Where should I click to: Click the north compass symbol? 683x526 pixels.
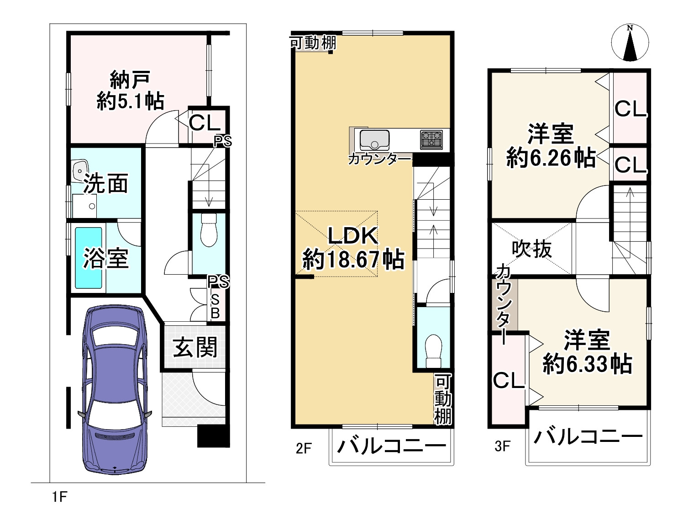coord(630,42)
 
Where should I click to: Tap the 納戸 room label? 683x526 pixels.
coord(130,81)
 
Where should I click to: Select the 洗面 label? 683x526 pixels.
coord(105,184)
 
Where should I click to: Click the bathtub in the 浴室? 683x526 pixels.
coord(88,258)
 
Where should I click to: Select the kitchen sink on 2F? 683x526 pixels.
coord(374,139)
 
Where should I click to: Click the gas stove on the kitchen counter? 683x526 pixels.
coord(431,138)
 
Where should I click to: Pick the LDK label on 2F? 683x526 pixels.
coord(353,235)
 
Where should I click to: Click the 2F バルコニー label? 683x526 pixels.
coord(391,446)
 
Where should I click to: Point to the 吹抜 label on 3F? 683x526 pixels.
coord(531,249)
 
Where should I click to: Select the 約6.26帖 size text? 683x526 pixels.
coord(551,158)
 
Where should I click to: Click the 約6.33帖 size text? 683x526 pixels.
coord(587,364)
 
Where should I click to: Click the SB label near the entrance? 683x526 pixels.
coord(215,306)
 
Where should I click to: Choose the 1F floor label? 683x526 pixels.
coord(59,496)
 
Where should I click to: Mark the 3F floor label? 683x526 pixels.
coord(502,446)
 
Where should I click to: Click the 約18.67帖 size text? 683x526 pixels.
coord(353,260)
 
